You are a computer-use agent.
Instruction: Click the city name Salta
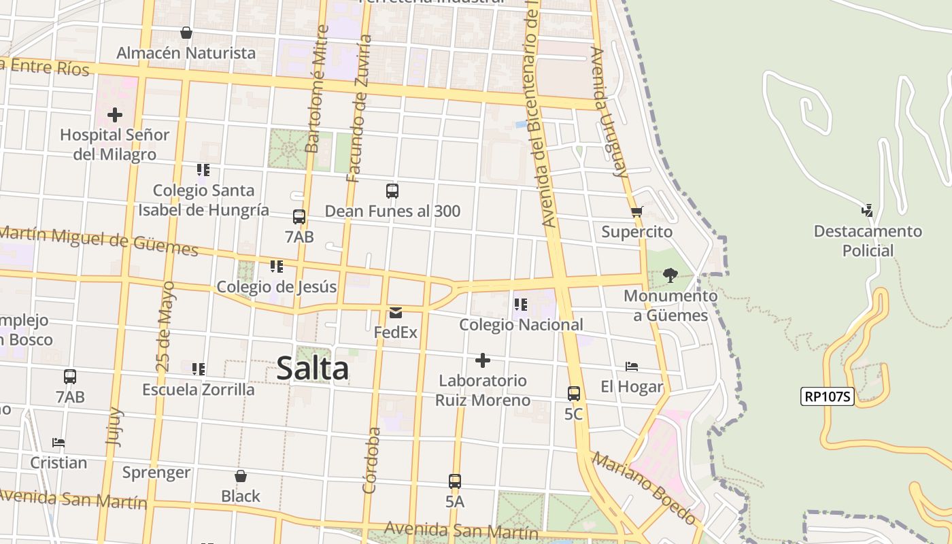(x=313, y=369)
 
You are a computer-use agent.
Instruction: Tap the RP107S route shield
(x=827, y=396)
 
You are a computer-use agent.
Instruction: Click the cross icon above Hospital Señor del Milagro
(x=115, y=114)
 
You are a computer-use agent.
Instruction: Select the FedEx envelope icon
(x=395, y=313)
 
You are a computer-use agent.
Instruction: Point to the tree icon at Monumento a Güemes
(x=670, y=275)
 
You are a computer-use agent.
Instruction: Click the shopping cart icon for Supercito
(x=636, y=211)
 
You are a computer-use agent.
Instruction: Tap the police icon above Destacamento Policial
(x=867, y=210)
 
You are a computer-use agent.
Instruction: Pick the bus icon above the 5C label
(x=573, y=393)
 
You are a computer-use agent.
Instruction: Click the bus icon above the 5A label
(x=455, y=481)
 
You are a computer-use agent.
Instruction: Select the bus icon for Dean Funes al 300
(x=392, y=191)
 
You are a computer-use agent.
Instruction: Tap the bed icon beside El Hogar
(x=632, y=367)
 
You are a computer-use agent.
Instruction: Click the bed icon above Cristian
(x=58, y=443)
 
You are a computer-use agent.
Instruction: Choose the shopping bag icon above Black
(x=240, y=476)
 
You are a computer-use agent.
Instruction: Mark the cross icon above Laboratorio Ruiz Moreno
(x=483, y=360)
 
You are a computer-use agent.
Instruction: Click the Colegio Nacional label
(x=521, y=324)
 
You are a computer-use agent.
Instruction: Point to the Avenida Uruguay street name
(x=609, y=112)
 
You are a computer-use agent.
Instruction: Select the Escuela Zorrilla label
(x=198, y=390)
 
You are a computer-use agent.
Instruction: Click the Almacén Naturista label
(x=186, y=52)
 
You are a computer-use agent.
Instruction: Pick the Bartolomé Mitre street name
(x=317, y=88)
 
